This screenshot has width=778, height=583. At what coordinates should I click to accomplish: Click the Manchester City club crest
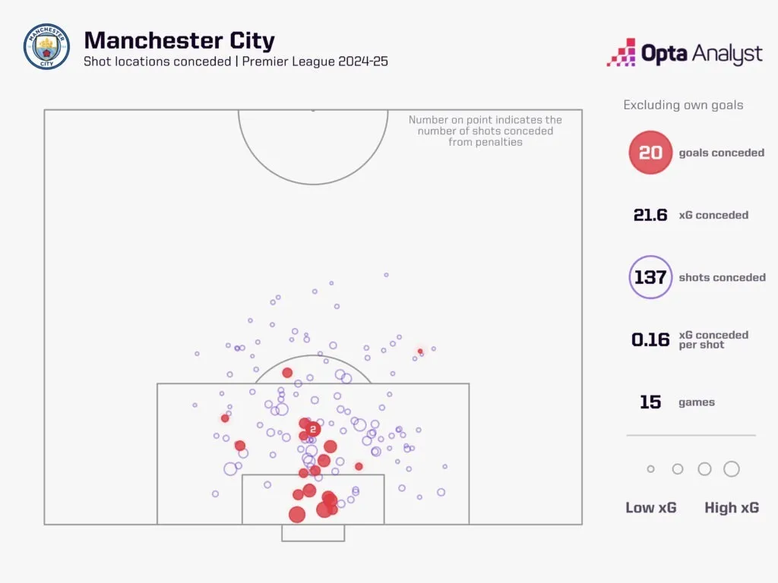tap(46, 46)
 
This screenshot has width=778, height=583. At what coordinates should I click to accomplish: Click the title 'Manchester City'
tap(179, 40)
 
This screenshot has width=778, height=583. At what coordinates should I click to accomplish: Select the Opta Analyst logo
tap(685, 52)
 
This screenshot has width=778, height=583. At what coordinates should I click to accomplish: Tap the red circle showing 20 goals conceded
tap(650, 152)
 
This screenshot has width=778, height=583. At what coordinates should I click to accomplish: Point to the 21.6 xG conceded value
tap(650, 215)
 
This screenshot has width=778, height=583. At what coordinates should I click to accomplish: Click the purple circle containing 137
tap(650, 277)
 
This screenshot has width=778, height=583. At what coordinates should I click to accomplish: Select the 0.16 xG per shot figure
tap(650, 339)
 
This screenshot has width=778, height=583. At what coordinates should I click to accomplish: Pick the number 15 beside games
tap(650, 402)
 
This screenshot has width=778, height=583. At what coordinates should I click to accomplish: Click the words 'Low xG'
tap(650, 508)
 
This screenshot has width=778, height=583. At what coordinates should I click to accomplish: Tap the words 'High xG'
tap(732, 508)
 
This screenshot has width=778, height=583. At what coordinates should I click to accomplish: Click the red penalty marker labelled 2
tap(312, 430)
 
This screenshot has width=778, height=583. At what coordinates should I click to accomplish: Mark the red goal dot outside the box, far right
tap(420, 351)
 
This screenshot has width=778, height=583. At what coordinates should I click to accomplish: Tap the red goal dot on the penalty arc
tap(287, 372)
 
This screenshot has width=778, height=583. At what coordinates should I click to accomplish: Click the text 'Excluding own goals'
tap(683, 105)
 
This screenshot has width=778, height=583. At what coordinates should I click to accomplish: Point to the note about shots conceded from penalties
tap(485, 131)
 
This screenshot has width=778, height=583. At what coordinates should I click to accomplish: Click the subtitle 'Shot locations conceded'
tap(157, 61)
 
